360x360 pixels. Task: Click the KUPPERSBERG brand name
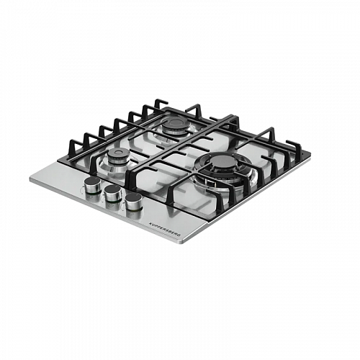click(165, 229)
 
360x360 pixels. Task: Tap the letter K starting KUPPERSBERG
click(150, 222)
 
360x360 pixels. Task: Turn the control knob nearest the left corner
click(93, 185)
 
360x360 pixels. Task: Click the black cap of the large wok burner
click(222, 161)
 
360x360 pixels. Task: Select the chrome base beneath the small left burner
click(113, 168)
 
